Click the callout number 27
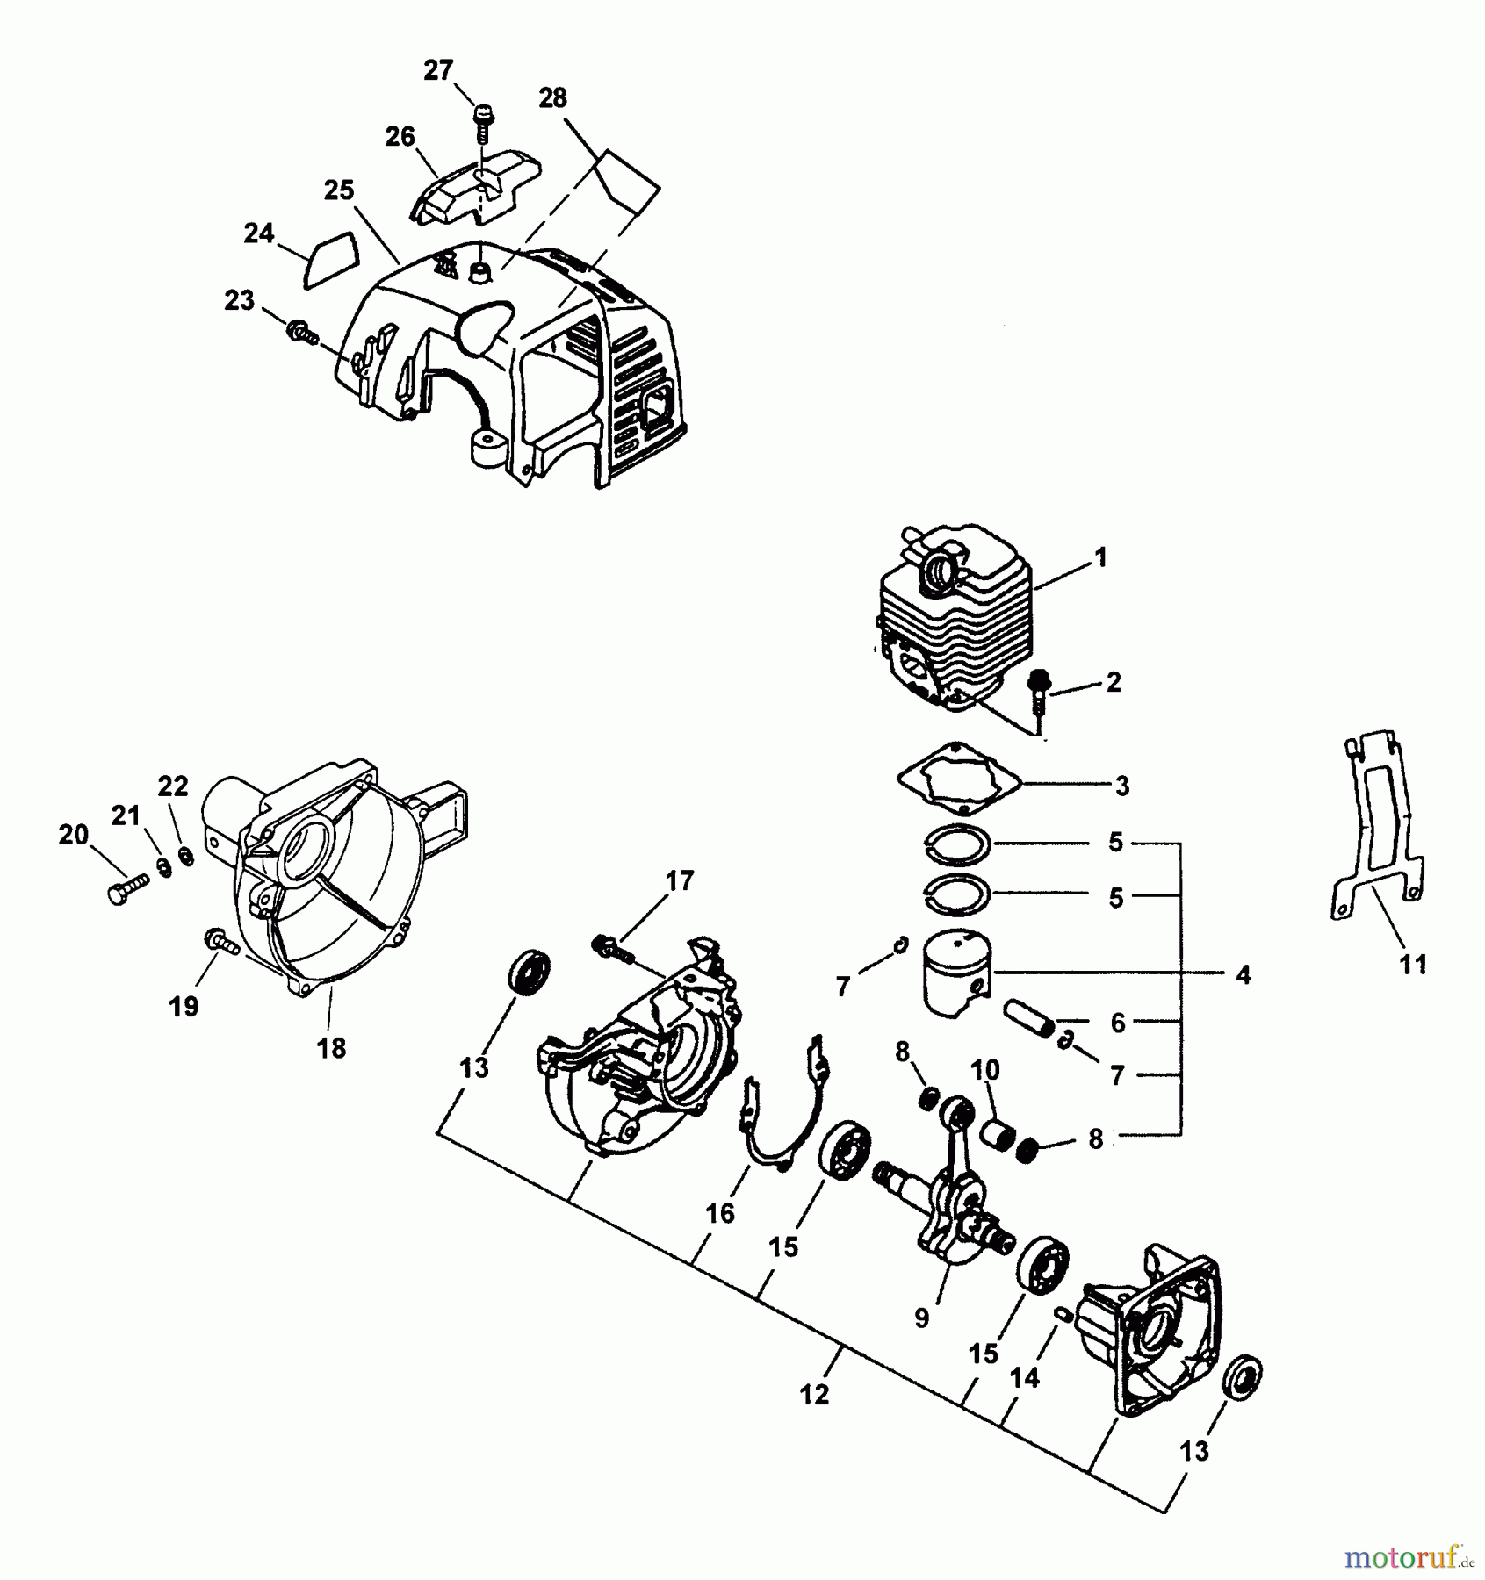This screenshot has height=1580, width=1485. point(438,70)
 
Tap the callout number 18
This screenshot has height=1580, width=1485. point(332,1047)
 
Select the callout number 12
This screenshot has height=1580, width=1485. point(814,1394)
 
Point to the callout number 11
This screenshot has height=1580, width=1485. point(1413,965)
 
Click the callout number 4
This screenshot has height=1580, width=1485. point(1243,974)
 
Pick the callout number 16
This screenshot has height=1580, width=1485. point(720,1213)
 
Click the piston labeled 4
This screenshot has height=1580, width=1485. point(955,973)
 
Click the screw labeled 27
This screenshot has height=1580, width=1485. point(482,123)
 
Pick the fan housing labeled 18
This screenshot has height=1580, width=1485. point(325,887)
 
